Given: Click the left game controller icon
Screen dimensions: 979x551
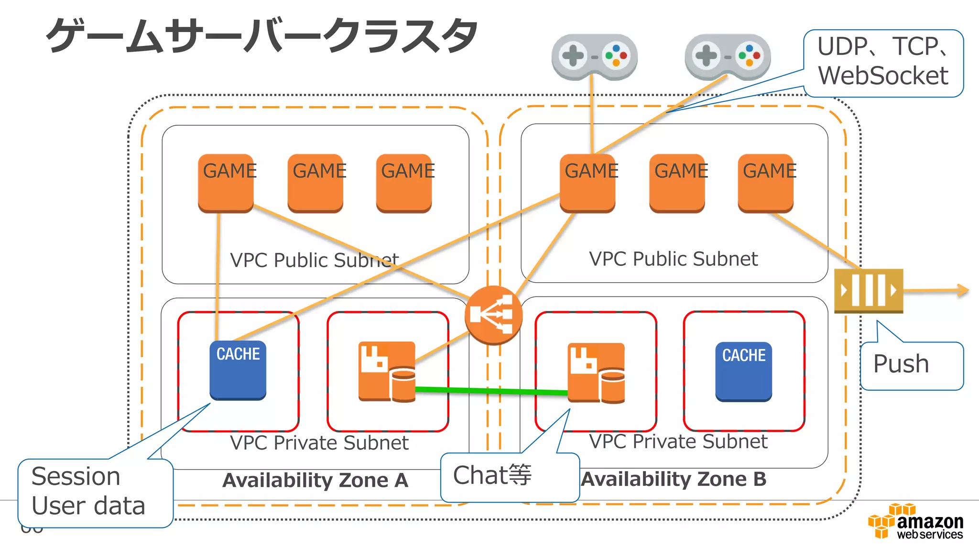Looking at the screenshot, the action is tap(594, 56).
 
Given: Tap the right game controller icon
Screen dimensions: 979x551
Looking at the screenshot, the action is tap(727, 56).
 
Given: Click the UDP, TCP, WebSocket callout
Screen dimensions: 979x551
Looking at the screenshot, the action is tap(883, 62).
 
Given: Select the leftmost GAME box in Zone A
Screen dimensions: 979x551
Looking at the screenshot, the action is tap(226, 183).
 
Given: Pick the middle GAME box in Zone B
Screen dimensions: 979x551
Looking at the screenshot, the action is tap(677, 183).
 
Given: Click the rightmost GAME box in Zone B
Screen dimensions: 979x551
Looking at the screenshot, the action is tap(765, 183).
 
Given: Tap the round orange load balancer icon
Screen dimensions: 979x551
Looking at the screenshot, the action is tap(493, 315).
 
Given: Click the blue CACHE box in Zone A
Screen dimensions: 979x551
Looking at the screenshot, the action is tap(238, 370).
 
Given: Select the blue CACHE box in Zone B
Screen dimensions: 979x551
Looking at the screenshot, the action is tap(743, 371).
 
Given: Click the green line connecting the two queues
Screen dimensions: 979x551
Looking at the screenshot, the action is tap(492, 391).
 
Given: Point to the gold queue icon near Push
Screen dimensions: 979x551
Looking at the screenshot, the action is tap(868, 290).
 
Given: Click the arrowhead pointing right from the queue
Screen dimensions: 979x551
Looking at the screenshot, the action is tap(963, 290).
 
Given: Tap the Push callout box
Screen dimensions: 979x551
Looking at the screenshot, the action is tap(911, 365).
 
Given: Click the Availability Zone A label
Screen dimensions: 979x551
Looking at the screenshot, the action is tap(315, 480).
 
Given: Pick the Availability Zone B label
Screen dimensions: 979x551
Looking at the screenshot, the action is tap(674, 479).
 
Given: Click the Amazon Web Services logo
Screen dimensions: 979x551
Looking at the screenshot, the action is tap(915, 522).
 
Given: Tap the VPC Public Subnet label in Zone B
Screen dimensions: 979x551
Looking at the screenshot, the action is tap(673, 259).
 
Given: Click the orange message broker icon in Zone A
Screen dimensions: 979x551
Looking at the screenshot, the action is tap(387, 371).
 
